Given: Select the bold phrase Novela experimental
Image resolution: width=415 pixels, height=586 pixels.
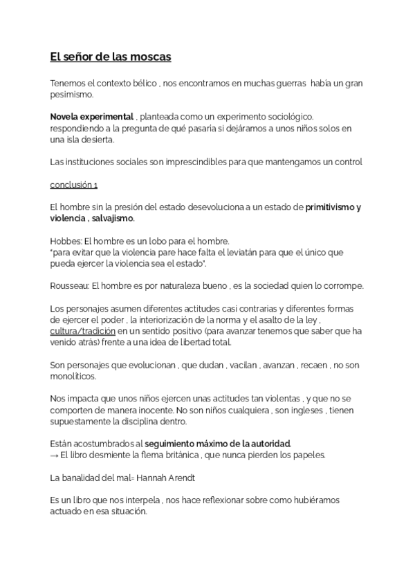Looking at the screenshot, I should (x=91, y=118).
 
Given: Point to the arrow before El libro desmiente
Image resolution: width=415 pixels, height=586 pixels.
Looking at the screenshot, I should (x=55, y=454).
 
